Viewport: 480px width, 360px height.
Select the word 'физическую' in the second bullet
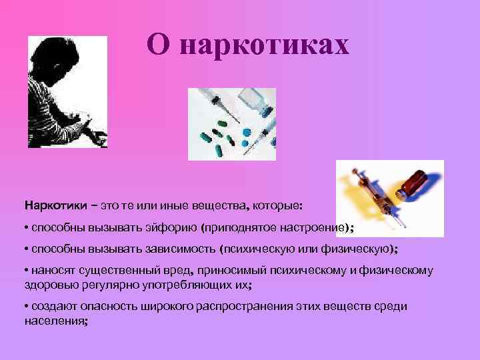pyautogui.click(x=357, y=249)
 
